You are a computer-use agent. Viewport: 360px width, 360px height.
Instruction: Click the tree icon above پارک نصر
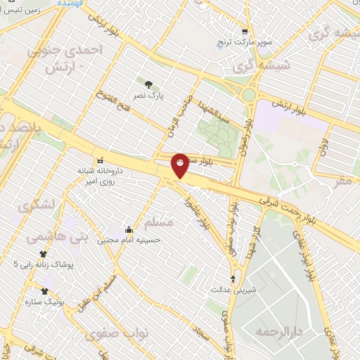pyautogui.click(x=148, y=84)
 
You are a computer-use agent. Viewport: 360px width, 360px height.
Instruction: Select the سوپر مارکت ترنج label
pyautogui.click(x=245, y=43)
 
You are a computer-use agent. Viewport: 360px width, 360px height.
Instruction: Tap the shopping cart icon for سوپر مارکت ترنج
pyautogui.click(x=244, y=32)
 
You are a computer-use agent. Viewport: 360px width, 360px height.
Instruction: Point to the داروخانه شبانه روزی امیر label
pyautogui.click(x=104, y=176)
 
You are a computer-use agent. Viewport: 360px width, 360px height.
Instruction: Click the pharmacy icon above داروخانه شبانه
pyautogui.click(x=100, y=158)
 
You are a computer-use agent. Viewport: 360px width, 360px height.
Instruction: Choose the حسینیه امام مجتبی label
pyautogui.click(x=129, y=240)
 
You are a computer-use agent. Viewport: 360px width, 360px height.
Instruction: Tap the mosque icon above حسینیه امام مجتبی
pyautogui.click(x=129, y=229)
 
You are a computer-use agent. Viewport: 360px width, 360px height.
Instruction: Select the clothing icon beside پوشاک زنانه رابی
pyautogui.click(x=43, y=254)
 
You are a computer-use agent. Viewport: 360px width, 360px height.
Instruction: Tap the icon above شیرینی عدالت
pyautogui.click(x=233, y=278)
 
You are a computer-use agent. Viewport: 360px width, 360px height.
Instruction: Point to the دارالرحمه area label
pyautogui.click(x=274, y=331)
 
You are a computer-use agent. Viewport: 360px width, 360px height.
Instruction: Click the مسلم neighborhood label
pyautogui.click(x=158, y=222)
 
